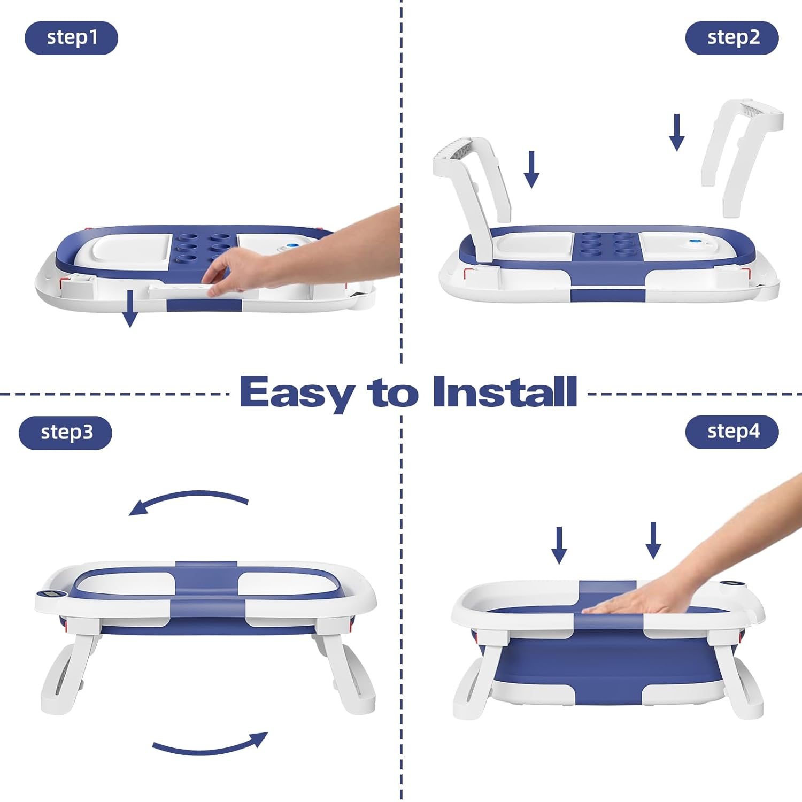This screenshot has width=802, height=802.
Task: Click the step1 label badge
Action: (71, 38)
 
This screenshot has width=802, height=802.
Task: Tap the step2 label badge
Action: (731, 38)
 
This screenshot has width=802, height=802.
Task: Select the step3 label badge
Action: (65, 433)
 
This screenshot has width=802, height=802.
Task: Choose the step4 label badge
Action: (731, 431)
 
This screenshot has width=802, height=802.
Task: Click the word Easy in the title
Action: (296, 392)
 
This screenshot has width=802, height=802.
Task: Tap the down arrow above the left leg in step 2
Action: (531, 169)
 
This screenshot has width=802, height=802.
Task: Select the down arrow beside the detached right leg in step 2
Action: (677, 133)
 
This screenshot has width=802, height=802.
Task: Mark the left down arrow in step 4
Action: (559, 545)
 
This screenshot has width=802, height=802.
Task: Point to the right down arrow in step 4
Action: (653, 541)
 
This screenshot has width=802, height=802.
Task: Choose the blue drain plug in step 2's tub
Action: (695, 242)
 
